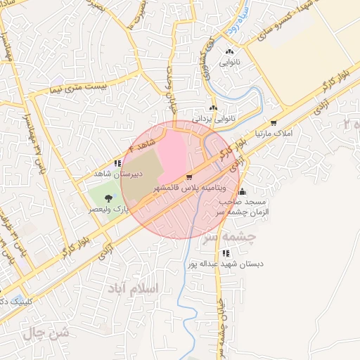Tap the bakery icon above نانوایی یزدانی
pos(213,108)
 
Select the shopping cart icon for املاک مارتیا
pos(274,123)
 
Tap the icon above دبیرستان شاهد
pos(117,163)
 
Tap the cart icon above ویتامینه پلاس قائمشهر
pos(189,177)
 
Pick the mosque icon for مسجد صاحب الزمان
pos(242,192)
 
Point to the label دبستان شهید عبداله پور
pos(232,264)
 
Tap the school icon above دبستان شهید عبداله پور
pos(225,253)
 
